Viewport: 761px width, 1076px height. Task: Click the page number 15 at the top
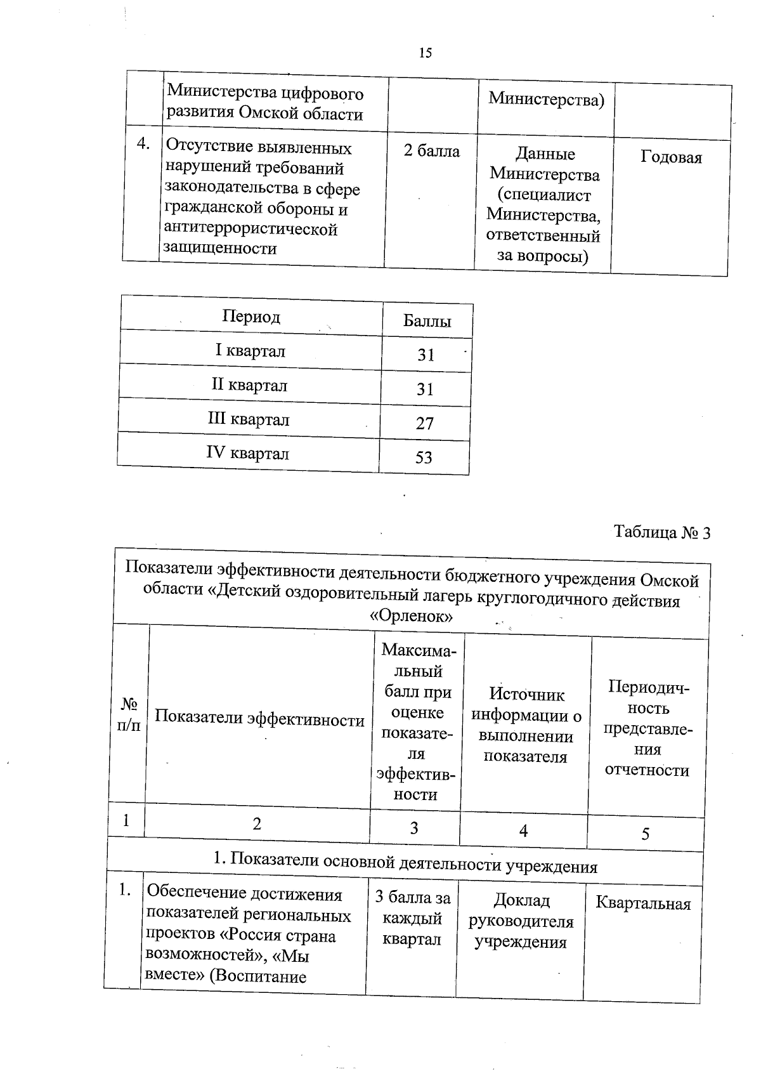[426, 53]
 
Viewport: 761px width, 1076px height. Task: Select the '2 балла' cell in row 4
[431, 151]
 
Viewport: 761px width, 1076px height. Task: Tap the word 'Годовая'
[671, 157]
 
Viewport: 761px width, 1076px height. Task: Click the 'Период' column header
[251, 317]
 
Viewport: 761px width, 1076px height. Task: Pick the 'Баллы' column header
[427, 321]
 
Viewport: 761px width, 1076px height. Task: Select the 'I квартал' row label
[250, 350]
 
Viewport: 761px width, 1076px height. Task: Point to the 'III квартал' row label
[249, 419]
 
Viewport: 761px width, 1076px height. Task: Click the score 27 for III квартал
[425, 423]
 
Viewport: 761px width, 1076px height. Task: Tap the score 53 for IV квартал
[424, 457]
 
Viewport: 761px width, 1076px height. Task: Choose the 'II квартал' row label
[249, 385]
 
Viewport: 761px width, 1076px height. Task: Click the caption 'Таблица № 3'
[662, 532]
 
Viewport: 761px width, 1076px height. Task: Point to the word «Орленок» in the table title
[411, 616]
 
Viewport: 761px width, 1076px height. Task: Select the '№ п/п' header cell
[129, 714]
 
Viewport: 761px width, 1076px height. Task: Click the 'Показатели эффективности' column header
[259, 718]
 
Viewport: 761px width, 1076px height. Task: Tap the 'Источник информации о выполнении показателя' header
[526, 725]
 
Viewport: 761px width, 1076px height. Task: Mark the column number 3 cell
[414, 828]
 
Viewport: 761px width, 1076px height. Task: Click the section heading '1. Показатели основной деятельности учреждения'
[405, 865]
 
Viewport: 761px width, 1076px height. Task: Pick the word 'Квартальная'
[643, 903]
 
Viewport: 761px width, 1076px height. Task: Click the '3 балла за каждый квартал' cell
[412, 918]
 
